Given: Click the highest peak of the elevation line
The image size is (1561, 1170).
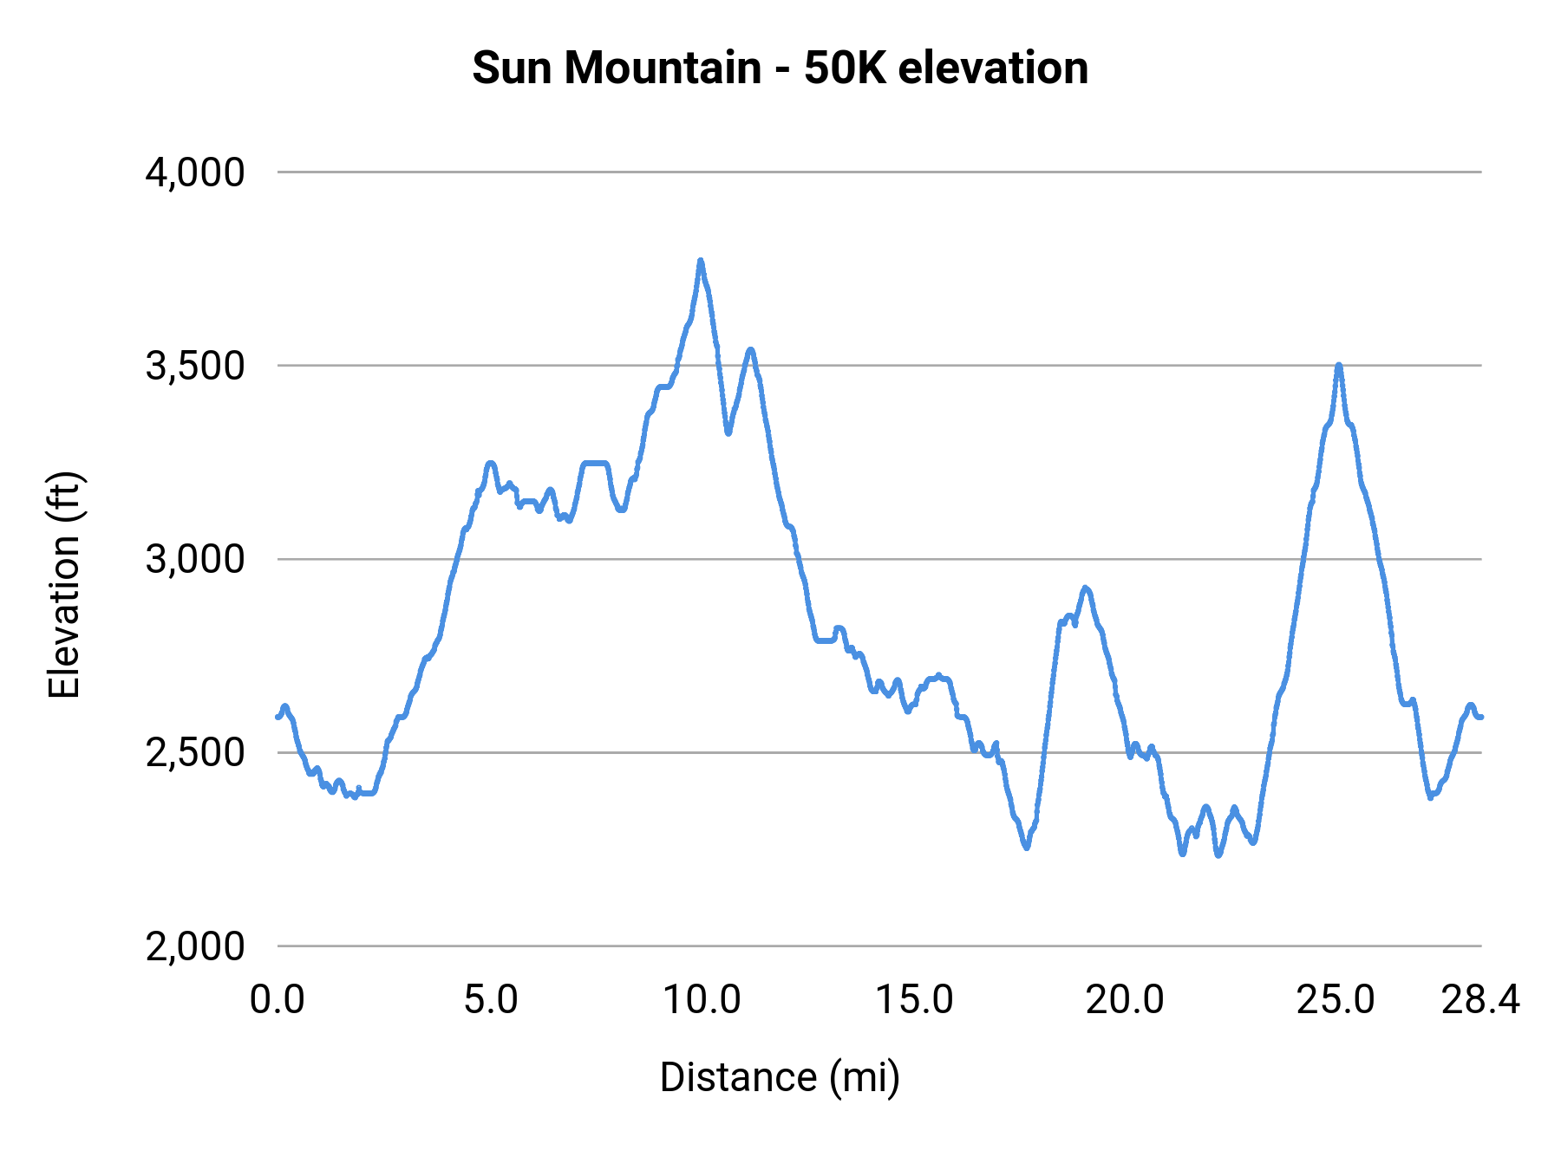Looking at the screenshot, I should point(701,261).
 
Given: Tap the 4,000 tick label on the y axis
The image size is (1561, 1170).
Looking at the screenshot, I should point(195,172).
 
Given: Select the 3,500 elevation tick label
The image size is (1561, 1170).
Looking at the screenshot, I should point(195,366).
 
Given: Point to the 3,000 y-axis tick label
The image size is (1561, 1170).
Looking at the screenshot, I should point(195,559).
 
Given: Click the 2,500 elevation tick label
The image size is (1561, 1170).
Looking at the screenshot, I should point(195,752).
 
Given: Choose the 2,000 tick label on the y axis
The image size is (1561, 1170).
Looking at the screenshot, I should point(195,946).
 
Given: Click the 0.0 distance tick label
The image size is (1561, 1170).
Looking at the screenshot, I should point(278,1000).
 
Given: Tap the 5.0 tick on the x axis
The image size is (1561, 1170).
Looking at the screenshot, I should point(490,1000).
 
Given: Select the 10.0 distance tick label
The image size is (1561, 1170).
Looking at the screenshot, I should point(702,1000).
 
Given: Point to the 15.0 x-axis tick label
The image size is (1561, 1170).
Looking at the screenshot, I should point(914,1000).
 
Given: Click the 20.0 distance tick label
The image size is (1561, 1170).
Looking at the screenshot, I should point(1125,1000).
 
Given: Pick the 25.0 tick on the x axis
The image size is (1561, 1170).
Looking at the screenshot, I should point(1336,1000).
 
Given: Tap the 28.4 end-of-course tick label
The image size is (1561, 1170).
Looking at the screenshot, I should point(1480,1000).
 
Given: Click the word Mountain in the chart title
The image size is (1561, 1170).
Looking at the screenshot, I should point(663,68).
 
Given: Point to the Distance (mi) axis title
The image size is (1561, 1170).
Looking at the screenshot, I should point(780,1077).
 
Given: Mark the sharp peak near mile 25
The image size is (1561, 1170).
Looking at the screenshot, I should point(1339,366).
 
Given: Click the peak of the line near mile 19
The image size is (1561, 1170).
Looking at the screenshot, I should point(1085,588).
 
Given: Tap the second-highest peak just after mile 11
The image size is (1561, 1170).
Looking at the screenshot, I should point(751,349).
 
